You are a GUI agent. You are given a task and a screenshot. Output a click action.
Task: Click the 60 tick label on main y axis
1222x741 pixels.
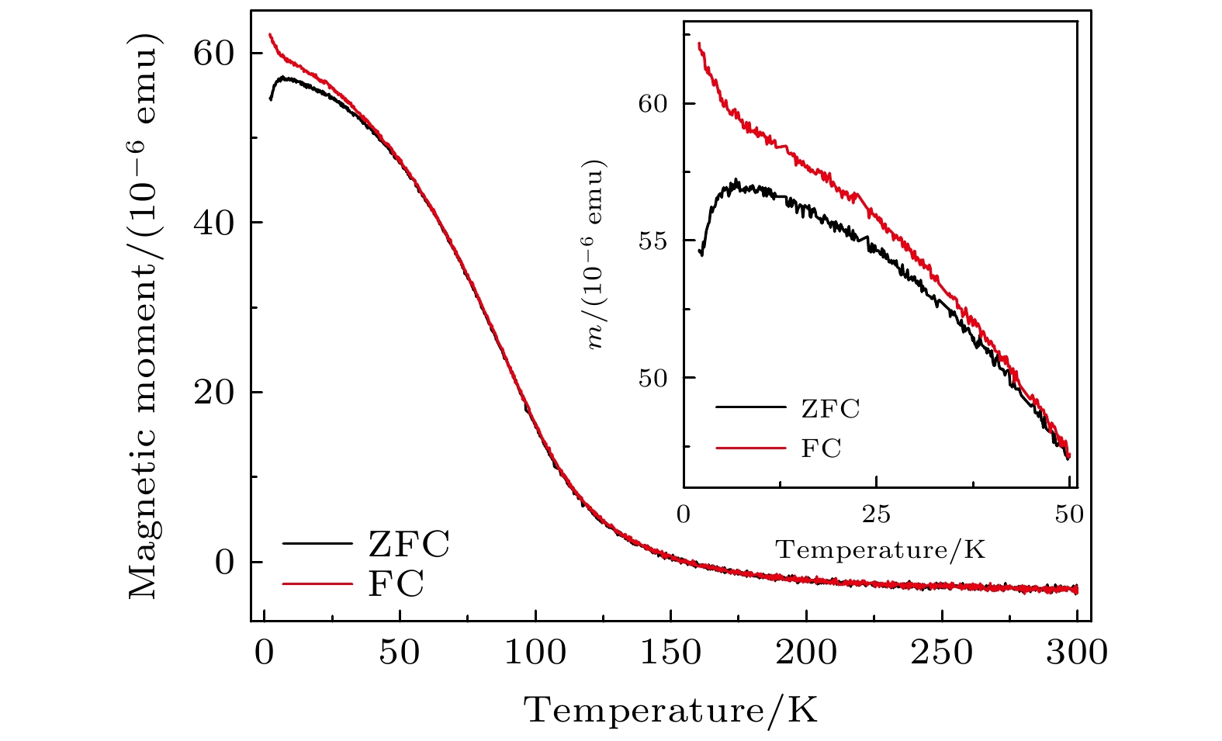[213, 53]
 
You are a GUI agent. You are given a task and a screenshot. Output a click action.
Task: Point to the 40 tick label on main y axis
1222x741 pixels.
[213, 223]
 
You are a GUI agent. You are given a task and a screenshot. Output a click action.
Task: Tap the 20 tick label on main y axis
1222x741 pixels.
[213, 393]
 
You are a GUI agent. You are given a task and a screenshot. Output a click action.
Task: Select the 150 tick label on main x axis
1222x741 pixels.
[671, 653]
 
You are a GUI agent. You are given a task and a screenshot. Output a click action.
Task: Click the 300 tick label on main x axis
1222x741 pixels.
[1077, 653]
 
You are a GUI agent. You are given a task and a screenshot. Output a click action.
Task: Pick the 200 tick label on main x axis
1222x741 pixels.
[806, 653]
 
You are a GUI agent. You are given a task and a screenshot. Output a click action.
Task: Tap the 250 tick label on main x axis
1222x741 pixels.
[941, 653]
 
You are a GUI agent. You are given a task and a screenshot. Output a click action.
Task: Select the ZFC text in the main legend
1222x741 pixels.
[408, 545]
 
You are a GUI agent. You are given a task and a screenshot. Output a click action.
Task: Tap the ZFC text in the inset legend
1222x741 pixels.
[830, 409]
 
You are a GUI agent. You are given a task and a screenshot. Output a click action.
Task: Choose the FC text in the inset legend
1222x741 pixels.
[821, 448]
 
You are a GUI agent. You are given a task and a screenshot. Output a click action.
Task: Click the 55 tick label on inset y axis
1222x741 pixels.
[653, 241]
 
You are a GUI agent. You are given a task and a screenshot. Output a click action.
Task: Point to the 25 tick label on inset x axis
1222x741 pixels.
[876, 515]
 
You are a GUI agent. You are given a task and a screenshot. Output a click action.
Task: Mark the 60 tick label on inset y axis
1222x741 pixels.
[653, 104]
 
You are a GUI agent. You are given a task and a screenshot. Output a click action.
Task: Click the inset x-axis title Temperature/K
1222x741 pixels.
[881, 550]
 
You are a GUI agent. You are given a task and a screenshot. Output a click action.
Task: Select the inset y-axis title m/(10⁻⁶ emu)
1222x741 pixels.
[596, 256]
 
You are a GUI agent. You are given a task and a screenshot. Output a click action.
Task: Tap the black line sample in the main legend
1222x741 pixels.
[317, 544]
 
